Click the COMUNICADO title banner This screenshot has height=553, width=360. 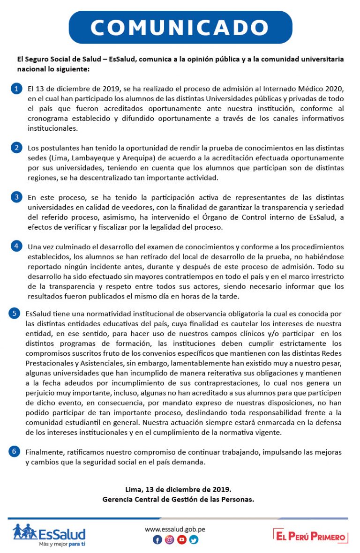[180, 27]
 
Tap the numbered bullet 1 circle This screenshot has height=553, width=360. [16, 89]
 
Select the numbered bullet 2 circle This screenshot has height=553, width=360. [16, 148]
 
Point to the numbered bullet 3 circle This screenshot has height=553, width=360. [16, 197]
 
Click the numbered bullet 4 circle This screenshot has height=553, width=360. [16, 246]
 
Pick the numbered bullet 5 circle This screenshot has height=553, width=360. [15, 314]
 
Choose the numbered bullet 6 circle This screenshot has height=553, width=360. [15, 451]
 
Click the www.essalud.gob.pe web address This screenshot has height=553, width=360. [175, 529]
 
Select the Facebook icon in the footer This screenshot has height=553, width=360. [157, 540]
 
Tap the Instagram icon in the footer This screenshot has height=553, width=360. [169, 540]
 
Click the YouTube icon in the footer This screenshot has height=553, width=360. [181, 540]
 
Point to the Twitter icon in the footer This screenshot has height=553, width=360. [194, 540]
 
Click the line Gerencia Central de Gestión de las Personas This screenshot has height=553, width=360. [178, 499]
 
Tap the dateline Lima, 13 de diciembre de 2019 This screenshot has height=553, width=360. [178, 490]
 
